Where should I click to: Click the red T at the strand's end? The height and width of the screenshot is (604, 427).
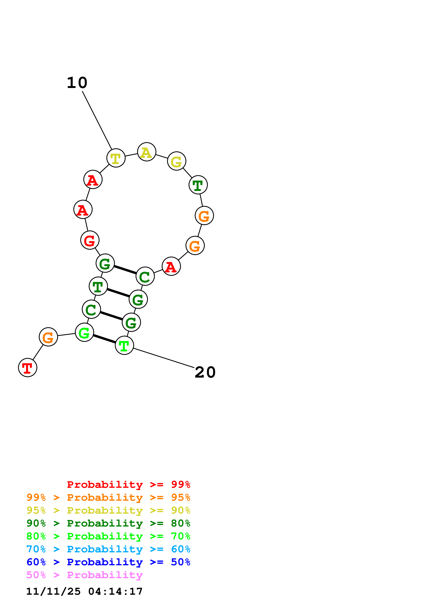pyautogui.click(x=28, y=367)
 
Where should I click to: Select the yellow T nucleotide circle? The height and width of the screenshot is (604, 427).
pyautogui.click(x=116, y=158)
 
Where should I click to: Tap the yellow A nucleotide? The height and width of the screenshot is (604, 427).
pyautogui.click(x=147, y=152)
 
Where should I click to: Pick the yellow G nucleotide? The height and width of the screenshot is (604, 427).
pyautogui.click(x=177, y=161)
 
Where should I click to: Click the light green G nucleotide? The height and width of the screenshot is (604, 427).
pyautogui.click(x=84, y=332)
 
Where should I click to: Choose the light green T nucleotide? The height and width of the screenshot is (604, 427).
pyautogui.click(x=124, y=345)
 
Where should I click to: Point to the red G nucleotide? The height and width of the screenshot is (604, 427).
pyautogui.click(x=90, y=240)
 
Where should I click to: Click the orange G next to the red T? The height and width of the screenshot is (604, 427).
pyautogui.click(x=48, y=337)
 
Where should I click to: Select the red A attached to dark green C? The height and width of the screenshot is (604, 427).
pyautogui.click(x=171, y=266)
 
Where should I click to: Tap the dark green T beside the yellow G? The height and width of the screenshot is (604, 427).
pyautogui.click(x=198, y=185)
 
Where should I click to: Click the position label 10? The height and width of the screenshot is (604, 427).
pyautogui.click(x=77, y=83)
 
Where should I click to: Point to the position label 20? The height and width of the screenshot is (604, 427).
pyautogui.click(x=205, y=372)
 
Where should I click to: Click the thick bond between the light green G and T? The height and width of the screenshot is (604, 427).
pyautogui.click(x=104, y=339)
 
